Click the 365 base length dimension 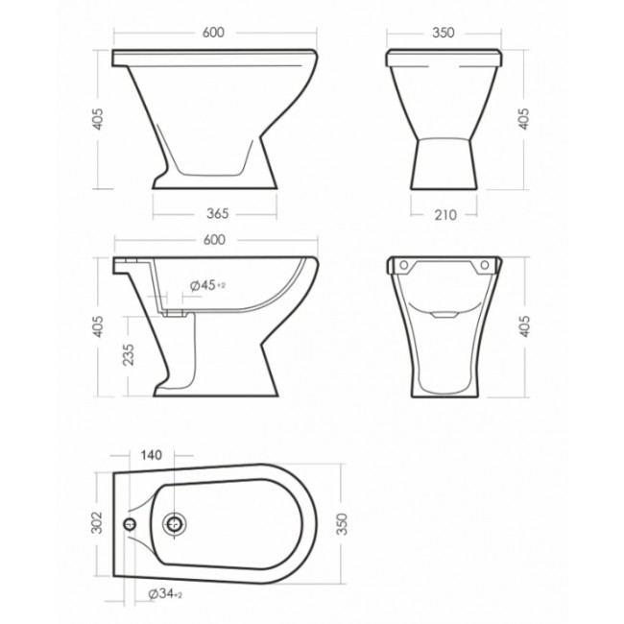pos(218,214)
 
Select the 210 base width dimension pos(445,215)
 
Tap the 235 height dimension pos(128,354)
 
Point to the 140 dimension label pos(152,455)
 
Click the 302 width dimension pos(97,522)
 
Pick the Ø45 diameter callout pos(207,285)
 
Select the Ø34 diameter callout pos(165,593)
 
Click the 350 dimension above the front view pos(443,33)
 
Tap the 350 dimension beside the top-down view pos(342,524)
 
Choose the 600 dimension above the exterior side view pos(213,33)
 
